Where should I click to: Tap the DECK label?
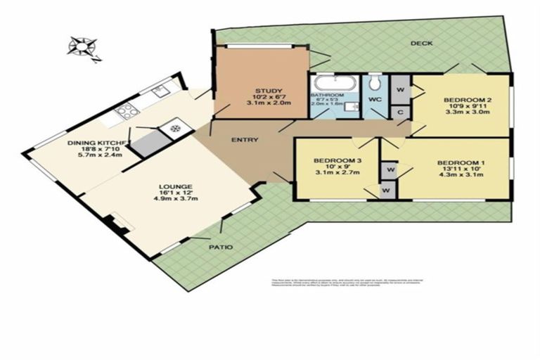(x=421, y=44)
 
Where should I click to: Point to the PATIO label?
(x=220, y=247)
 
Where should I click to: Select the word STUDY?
(x=262, y=90)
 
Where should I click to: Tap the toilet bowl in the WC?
(x=374, y=82)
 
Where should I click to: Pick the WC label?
(x=374, y=99)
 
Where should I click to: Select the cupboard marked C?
(x=399, y=110)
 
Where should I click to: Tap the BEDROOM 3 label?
(x=337, y=161)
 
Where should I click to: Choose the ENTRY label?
(x=243, y=140)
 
